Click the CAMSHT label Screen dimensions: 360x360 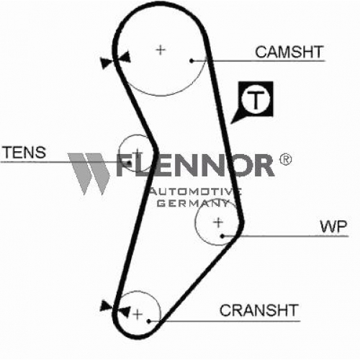pos(289,52)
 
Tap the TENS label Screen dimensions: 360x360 pos(24,152)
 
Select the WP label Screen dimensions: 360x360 pos(333,226)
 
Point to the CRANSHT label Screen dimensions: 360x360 pos(259,310)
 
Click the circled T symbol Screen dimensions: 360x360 pos(256,99)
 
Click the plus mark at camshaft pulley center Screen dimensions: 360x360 pos(161,50)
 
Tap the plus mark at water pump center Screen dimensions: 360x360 pos(218,222)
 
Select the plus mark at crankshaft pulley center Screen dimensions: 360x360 pos(138,314)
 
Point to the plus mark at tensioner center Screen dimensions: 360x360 pos(138,152)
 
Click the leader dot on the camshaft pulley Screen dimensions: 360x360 pos(192,61)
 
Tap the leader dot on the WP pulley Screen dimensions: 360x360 pos(222,236)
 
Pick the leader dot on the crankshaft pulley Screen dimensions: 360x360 pos(149,321)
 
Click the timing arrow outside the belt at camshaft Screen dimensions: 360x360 pos(107,63)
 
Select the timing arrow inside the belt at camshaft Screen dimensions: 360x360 pos(125,57)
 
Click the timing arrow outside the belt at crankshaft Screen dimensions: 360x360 pos(106,306)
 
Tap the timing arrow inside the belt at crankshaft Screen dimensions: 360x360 pos(125,312)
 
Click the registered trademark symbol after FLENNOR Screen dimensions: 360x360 pos(285,159)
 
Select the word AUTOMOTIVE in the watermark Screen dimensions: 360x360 pos(196,192)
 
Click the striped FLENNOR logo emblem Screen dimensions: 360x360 pos(89,174)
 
